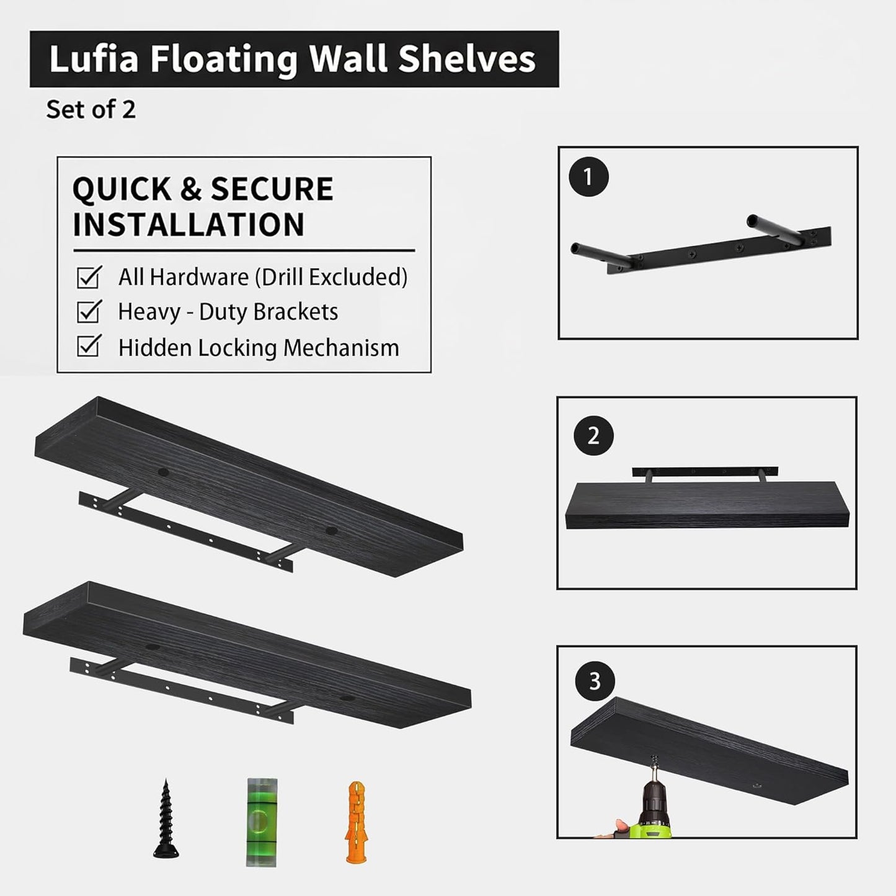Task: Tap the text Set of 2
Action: [91, 110]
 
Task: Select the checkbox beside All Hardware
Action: [88, 277]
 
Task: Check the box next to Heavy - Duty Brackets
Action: [88, 312]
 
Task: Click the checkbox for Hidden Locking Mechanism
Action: [88, 347]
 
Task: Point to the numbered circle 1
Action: [588, 177]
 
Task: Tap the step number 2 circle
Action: [593, 436]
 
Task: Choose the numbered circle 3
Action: [595, 681]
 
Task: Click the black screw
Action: [166, 819]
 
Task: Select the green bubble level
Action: [261, 822]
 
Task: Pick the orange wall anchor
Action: [355, 822]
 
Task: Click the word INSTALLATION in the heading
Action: [189, 224]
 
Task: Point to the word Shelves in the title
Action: [466, 60]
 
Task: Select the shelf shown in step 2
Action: [707, 505]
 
